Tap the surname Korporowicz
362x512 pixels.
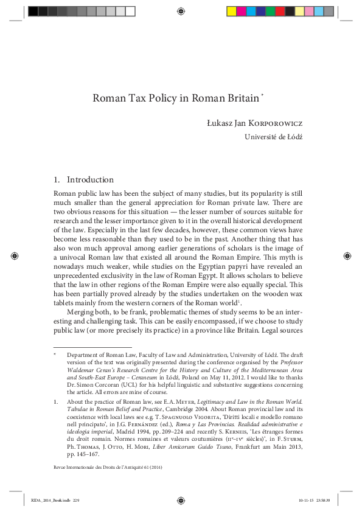tap(277, 123)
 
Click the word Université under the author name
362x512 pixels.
tap(262, 137)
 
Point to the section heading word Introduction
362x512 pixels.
tap(90, 180)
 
